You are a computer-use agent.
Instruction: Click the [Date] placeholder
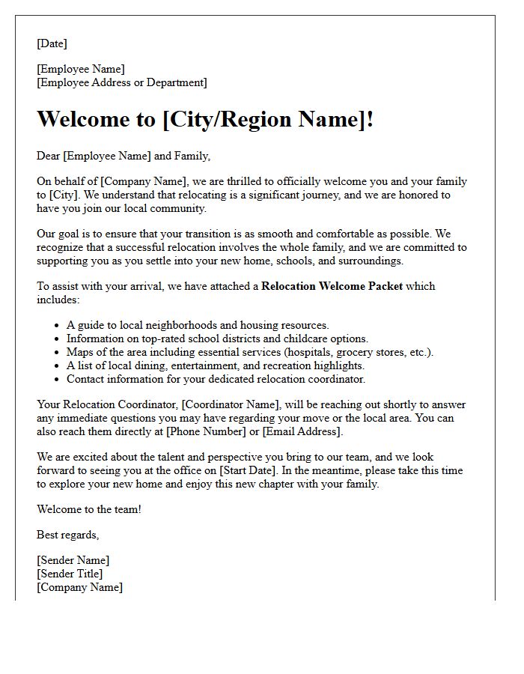(52, 43)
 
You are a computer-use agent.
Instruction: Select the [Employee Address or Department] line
(122, 82)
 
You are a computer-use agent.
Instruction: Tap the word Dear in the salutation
(49, 156)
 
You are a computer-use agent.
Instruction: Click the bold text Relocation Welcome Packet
(332, 286)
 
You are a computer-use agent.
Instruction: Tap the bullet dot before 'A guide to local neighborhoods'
(58, 326)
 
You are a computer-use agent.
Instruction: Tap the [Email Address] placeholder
(301, 431)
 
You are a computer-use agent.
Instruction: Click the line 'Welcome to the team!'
(89, 509)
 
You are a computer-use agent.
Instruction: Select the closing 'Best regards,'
(68, 535)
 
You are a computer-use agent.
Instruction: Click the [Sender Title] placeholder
(70, 574)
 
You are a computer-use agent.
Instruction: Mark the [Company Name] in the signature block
(79, 587)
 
